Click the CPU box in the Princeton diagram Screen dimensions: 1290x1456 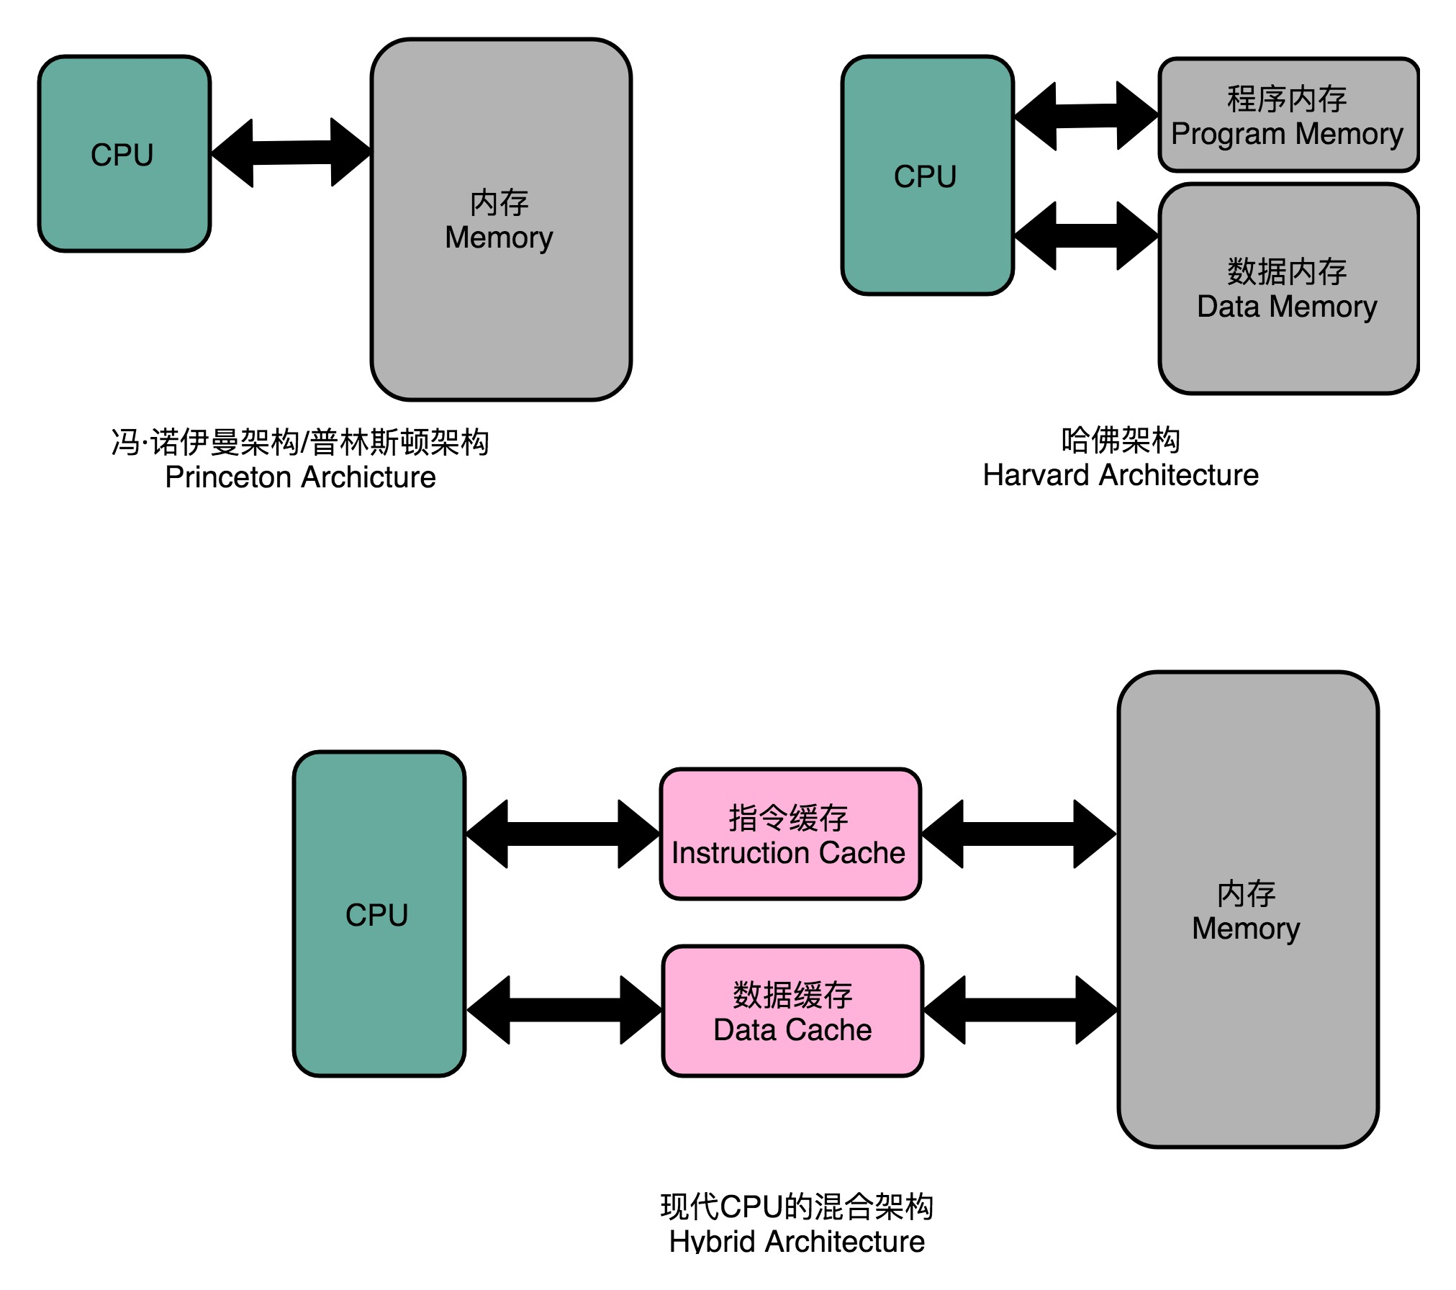[125, 154]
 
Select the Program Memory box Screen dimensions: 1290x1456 [1288, 115]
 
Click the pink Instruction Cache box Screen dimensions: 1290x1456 [790, 834]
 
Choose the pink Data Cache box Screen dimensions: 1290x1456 [792, 1011]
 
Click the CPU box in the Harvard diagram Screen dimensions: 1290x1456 [927, 176]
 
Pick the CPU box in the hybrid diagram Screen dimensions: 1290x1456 [379, 914]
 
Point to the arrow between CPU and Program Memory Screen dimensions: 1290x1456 [1086, 116]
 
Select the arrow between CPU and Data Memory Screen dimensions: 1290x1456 [1086, 235]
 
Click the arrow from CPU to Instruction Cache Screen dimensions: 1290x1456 [563, 834]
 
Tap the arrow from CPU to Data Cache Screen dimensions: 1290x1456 [564, 1010]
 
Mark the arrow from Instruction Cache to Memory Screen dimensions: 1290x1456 [1018, 834]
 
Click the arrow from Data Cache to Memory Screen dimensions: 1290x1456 [1021, 1010]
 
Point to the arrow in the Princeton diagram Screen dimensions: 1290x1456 [291, 153]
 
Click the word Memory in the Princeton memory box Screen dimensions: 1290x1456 [499, 237]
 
